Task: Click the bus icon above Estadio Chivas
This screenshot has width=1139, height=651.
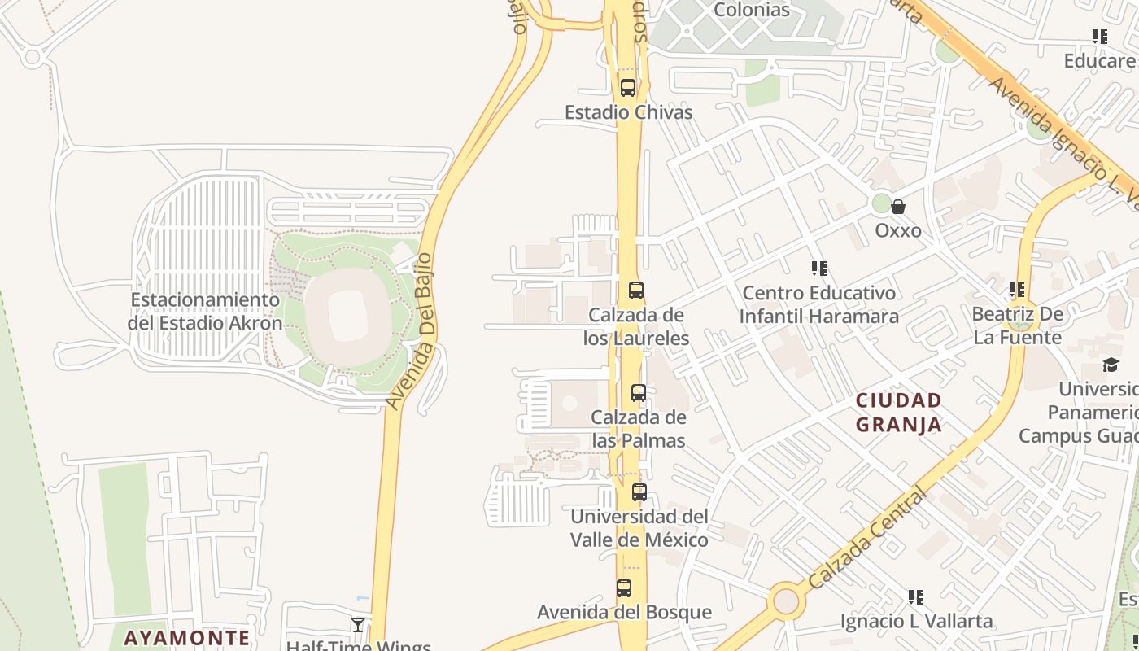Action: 627,88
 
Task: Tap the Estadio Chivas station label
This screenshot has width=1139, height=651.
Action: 629,112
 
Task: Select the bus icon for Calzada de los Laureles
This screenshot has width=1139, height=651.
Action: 636,291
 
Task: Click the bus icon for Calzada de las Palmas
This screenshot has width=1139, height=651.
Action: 639,394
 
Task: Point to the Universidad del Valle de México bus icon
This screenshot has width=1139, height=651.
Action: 639,492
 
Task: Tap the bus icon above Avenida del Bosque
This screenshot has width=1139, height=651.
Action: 624,588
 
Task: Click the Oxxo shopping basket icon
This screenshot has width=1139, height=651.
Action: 898,208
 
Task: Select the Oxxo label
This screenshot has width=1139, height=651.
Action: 898,231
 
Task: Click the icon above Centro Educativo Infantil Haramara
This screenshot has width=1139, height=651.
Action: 819,269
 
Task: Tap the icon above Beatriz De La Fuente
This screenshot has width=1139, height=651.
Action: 1016,290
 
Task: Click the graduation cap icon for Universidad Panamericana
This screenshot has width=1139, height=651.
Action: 1111,365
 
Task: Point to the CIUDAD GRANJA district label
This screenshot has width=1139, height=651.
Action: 899,413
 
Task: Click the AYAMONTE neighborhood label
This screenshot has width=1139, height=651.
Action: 187,638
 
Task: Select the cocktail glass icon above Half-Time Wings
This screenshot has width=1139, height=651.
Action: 358,625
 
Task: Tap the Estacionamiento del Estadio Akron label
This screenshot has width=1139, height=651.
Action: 205,312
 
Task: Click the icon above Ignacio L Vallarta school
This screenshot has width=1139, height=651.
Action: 916,598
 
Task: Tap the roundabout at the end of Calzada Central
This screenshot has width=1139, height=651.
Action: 786,601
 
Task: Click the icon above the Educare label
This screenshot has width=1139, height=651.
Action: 1100,37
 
